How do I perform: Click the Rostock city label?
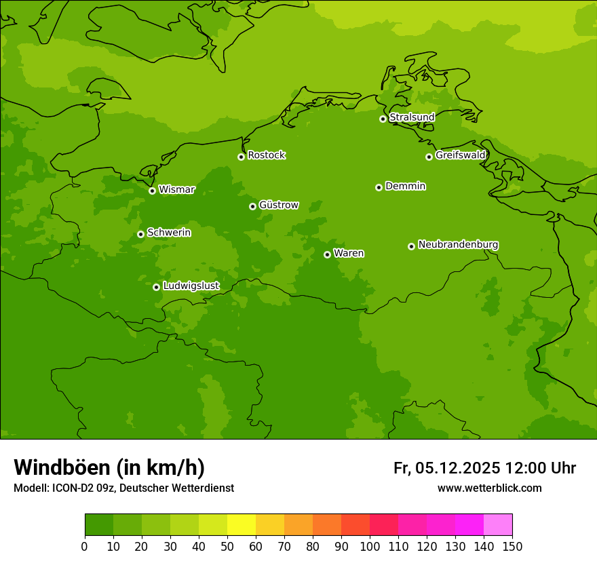[x=266, y=155]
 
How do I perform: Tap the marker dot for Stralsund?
[x=383, y=119]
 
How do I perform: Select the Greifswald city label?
[x=460, y=155]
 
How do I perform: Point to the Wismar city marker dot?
[x=152, y=191]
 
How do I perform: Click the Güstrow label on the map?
[x=278, y=205]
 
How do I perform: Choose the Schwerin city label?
[x=168, y=233]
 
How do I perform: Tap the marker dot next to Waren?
[x=327, y=254]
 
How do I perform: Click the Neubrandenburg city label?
[x=458, y=245]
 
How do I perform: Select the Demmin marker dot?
[x=379, y=187]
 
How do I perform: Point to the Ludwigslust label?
[x=191, y=286]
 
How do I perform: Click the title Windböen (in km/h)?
[x=109, y=467]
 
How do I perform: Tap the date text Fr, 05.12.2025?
[x=446, y=468]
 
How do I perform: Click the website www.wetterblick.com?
[x=489, y=488]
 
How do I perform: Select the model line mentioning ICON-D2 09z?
[x=123, y=488]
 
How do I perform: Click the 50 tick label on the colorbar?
[x=227, y=547]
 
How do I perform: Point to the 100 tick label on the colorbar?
[x=370, y=547]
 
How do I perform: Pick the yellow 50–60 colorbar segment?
[x=242, y=525]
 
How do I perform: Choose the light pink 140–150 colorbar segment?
[x=498, y=525]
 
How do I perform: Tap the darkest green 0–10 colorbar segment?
[x=99, y=525]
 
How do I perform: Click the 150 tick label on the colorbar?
[x=512, y=547]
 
